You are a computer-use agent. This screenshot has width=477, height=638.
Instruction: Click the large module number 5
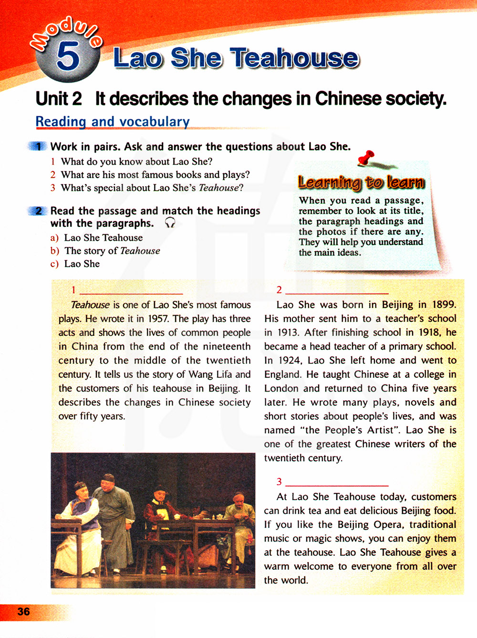pyautogui.click(x=68, y=56)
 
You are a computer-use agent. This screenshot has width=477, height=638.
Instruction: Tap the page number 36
pyautogui.click(x=23, y=612)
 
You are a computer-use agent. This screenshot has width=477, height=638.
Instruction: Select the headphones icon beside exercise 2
pyautogui.click(x=170, y=223)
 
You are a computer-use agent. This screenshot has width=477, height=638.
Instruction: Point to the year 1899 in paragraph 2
pyautogui.click(x=444, y=305)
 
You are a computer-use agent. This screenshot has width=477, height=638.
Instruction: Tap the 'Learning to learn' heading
pyautogui.click(x=361, y=182)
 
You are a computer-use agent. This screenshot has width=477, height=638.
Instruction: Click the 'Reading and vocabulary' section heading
pyautogui.click(x=113, y=122)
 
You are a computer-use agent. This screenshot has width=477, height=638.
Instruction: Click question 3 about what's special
pyautogui.click(x=152, y=188)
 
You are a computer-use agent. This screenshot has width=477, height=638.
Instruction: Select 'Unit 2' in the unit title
pyautogui.click(x=59, y=99)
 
